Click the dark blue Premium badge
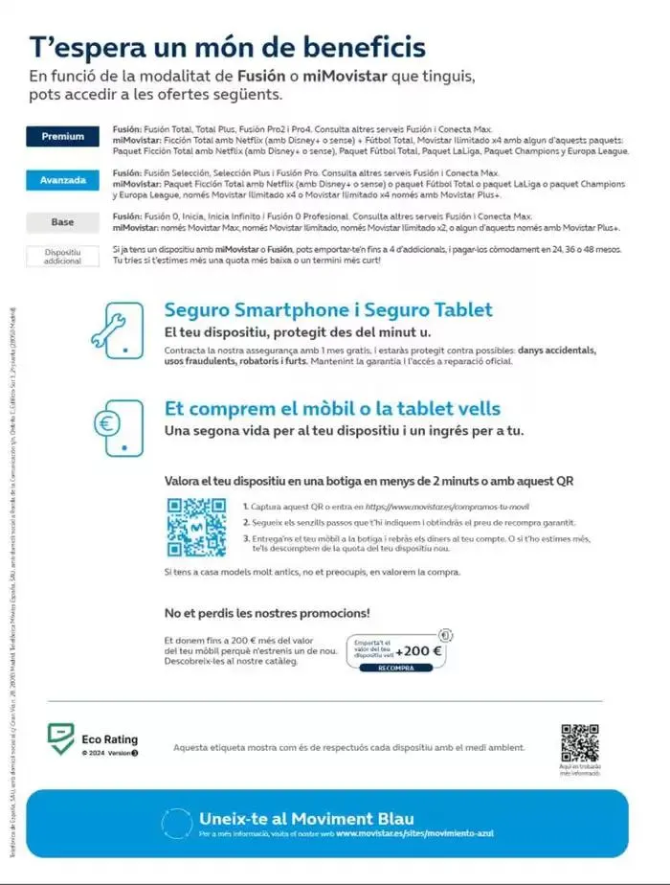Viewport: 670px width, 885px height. pos(62,136)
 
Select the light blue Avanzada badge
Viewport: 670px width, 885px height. pos(62,180)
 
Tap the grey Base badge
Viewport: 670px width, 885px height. pos(62,222)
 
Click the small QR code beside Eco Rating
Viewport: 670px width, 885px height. pos(580,743)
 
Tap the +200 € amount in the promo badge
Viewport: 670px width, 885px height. pos(418,651)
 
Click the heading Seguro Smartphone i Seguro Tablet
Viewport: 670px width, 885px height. pos(328,309)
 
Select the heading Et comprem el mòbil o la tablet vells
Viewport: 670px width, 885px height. pos(332,409)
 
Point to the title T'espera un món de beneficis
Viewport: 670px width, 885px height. pos(228,47)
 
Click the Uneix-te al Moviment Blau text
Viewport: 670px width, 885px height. pos(306,818)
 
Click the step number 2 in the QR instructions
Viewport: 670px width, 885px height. pos(246,522)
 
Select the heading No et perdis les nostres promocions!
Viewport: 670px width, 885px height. pos(267,612)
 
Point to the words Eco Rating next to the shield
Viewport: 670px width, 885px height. pos(109,739)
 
